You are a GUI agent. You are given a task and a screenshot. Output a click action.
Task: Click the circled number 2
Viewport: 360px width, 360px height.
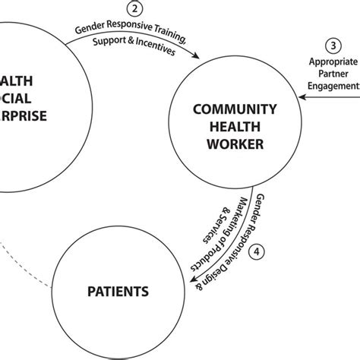(134, 9)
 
